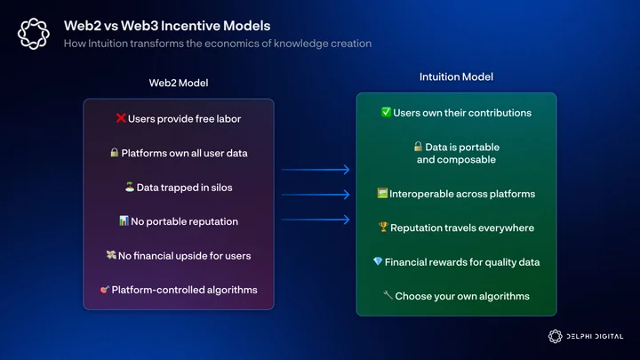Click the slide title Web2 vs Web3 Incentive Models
point(167,26)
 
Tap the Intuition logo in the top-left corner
point(34,34)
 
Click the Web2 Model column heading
point(179,83)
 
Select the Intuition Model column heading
point(456,76)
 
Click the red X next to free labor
point(120,118)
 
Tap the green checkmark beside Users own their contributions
point(386,112)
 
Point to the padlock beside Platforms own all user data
point(115,152)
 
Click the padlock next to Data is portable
point(418,146)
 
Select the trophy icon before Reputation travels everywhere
point(383,227)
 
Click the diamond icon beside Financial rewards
point(378,261)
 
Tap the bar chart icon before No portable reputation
point(124,220)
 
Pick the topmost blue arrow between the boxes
point(316,170)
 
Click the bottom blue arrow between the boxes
point(316,220)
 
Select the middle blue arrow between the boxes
point(316,195)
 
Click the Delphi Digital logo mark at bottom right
point(555,336)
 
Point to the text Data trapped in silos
point(185,188)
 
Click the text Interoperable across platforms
point(462,194)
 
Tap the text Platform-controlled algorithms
point(185,290)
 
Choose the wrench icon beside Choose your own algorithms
point(388,295)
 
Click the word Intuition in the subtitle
point(108,44)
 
